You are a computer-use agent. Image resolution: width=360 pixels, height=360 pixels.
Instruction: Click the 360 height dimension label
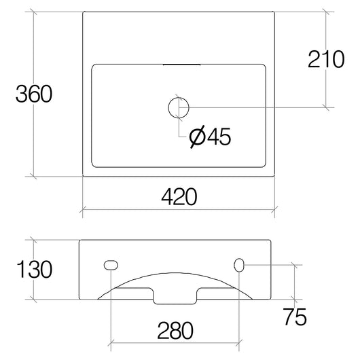click(33, 94)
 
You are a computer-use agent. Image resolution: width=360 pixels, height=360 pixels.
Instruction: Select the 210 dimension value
click(327, 60)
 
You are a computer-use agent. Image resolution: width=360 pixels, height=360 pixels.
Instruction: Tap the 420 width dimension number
click(179, 197)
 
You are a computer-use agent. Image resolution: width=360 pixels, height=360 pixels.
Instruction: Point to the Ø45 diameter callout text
click(210, 137)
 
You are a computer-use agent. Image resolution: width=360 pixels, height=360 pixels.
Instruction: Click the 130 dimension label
click(33, 270)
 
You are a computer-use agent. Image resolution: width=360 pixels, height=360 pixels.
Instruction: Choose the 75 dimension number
click(297, 317)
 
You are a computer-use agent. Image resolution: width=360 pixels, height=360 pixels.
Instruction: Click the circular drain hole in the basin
click(179, 107)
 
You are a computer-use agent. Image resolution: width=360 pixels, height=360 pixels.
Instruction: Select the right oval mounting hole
click(240, 264)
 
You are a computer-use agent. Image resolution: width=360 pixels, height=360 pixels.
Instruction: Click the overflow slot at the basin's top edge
click(179, 65)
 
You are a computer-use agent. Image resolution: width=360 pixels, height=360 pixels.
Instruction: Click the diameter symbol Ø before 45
click(196, 137)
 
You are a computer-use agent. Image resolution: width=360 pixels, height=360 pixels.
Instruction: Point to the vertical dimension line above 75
click(295, 282)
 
